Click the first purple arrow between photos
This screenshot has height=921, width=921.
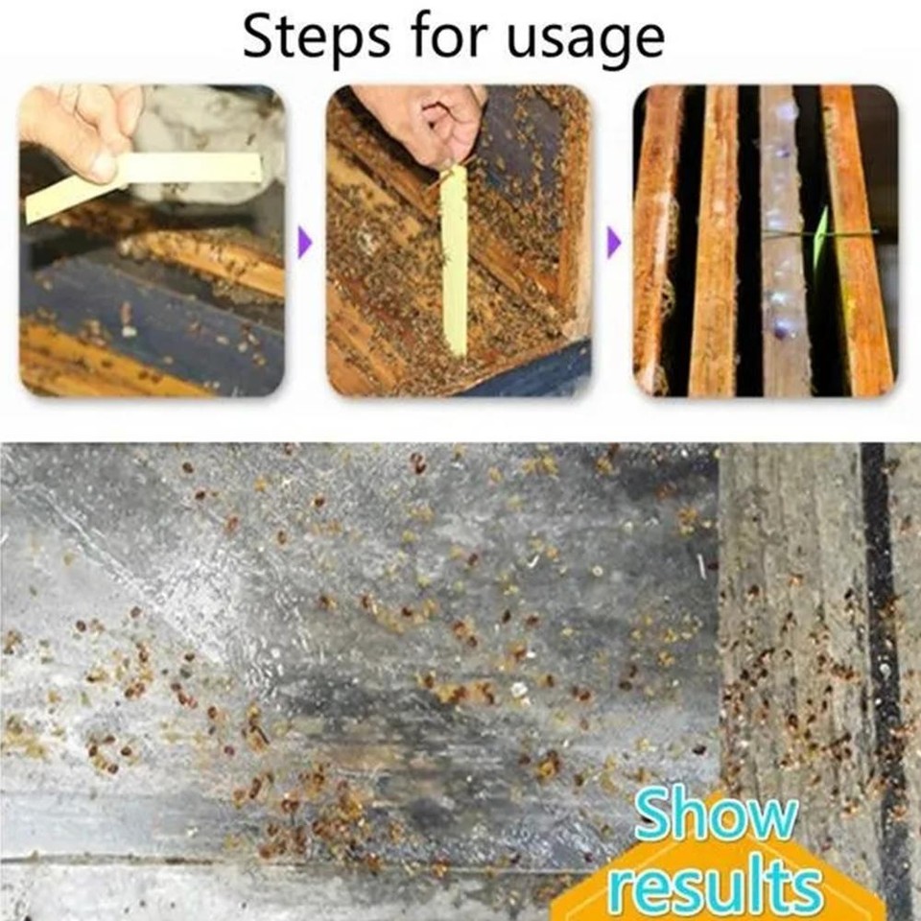305,241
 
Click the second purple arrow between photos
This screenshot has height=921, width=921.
614,241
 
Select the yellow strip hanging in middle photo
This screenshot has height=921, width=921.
455,259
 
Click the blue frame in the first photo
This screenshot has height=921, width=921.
144,317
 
